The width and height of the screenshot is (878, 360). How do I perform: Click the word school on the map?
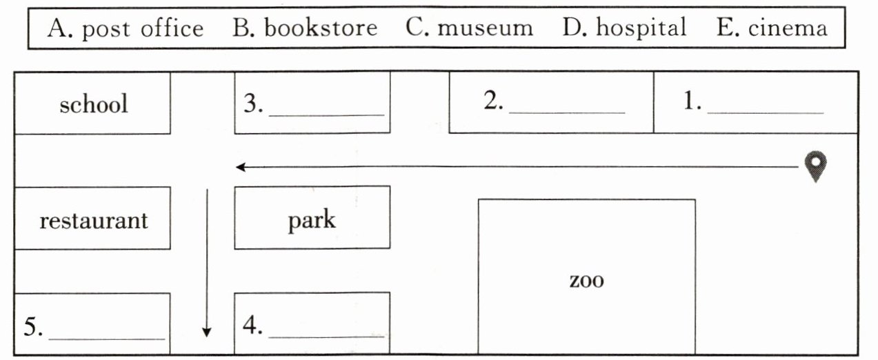click(x=93, y=104)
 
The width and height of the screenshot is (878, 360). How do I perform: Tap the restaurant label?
click(x=93, y=221)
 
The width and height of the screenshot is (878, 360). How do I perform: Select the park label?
click(x=312, y=221)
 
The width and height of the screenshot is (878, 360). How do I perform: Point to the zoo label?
click(x=586, y=281)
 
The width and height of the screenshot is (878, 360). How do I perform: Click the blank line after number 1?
click(x=765, y=111)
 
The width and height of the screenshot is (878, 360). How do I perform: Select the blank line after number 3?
click(x=326, y=113)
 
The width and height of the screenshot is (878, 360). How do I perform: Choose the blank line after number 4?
click(x=326, y=337)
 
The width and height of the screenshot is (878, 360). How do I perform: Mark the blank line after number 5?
click(x=106, y=338)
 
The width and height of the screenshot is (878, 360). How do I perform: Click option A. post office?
click(x=126, y=28)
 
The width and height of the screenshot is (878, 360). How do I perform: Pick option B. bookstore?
click(x=305, y=28)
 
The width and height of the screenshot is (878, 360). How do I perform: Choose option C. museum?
click(x=469, y=28)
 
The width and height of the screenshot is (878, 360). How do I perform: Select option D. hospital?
click(x=624, y=28)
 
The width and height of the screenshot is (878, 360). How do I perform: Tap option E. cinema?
click(x=772, y=28)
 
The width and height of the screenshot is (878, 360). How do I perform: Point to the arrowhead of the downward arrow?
click(x=206, y=333)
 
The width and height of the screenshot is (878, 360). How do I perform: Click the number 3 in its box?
click(x=250, y=103)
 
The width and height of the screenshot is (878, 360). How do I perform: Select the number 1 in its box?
click(x=690, y=101)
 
